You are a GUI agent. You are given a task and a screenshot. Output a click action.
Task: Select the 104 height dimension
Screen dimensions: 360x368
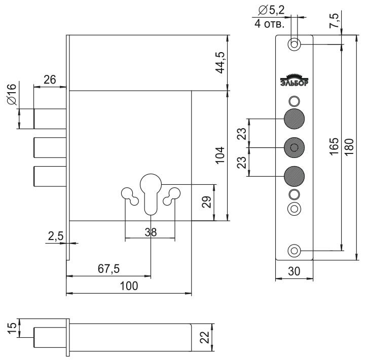pyautogui.click(x=220, y=157)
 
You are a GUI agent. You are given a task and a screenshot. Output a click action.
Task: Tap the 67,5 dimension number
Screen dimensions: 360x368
pyautogui.click(x=108, y=269)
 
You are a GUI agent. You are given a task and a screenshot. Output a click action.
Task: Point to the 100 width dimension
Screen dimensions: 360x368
pyautogui.click(x=129, y=286)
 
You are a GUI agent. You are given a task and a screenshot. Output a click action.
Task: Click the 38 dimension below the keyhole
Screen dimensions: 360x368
pyautogui.click(x=150, y=232)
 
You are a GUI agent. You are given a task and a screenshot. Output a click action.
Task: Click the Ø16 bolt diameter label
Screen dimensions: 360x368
pyautogui.click(x=12, y=94)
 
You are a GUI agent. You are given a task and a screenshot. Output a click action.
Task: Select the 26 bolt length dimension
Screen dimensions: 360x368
pyautogui.click(x=50, y=79)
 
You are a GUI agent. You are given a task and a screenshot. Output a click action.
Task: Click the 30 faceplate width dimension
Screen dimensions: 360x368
pyautogui.click(x=294, y=271)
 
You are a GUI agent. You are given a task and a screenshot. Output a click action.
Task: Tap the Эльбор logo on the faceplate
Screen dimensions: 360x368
pyautogui.click(x=294, y=81)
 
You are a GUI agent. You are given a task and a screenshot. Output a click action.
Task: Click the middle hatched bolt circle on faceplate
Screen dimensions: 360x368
pyautogui.click(x=294, y=147)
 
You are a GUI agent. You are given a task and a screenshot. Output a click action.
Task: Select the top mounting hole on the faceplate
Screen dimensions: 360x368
pyautogui.click(x=294, y=44)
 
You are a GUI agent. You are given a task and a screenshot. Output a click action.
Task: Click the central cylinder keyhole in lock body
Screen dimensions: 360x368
pyautogui.click(x=151, y=191)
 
